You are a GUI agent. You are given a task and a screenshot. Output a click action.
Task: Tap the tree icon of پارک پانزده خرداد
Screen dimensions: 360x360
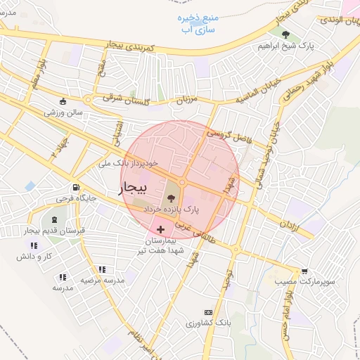click(x=172, y=198)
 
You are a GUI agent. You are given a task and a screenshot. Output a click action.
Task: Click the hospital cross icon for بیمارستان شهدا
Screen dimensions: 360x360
click(x=161, y=229)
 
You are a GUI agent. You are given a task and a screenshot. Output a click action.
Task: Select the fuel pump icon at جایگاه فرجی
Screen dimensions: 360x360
click(x=75, y=188)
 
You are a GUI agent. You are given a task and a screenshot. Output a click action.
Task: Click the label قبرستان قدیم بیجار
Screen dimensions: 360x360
click(x=53, y=231)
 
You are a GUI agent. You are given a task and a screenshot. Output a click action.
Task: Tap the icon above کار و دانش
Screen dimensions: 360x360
click(x=32, y=245)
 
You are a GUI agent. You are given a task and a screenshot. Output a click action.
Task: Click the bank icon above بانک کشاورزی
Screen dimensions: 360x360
click(x=207, y=311)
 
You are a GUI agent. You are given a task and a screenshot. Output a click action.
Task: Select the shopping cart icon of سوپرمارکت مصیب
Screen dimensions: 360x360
click(x=304, y=271)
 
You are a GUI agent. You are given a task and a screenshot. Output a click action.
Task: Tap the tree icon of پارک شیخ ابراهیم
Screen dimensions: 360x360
click(x=285, y=34)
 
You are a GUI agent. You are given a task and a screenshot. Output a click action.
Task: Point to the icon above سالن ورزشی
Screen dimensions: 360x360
click(x=63, y=100)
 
